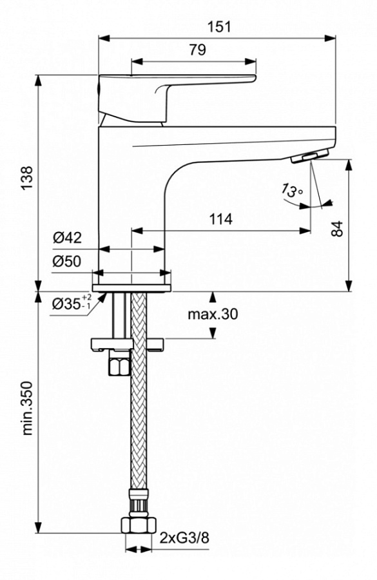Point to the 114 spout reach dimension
click(220, 219)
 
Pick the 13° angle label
click(291, 191)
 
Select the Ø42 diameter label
click(67, 238)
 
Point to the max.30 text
click(213, 314)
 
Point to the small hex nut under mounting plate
click(119, 365)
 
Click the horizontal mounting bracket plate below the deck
click(129, 343)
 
